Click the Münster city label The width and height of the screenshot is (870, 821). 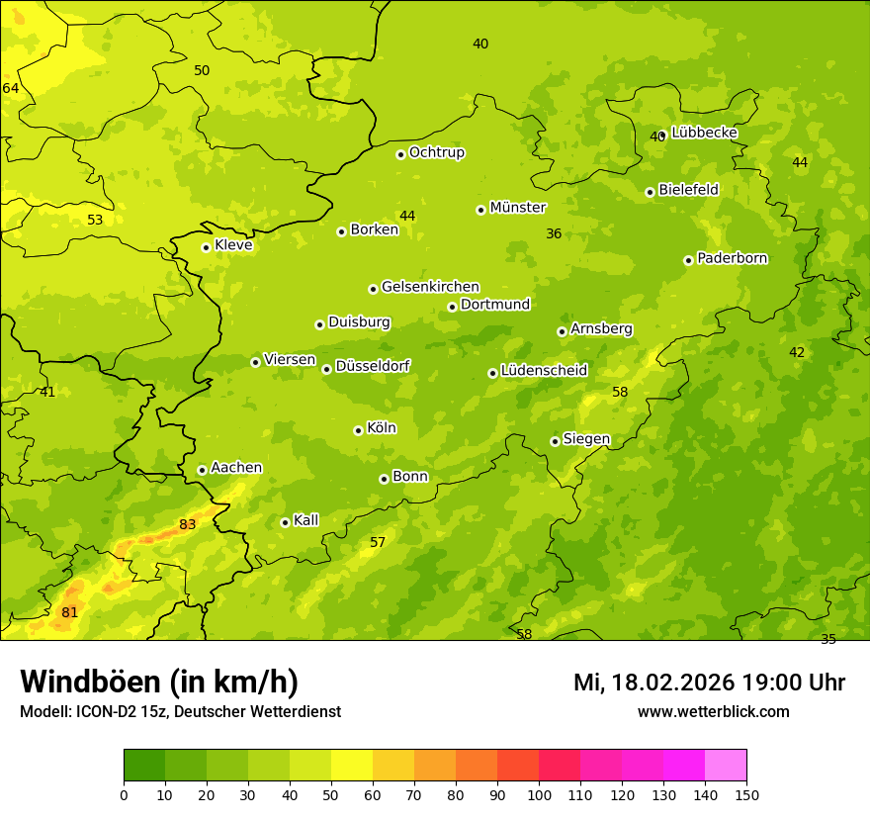pos(518,208)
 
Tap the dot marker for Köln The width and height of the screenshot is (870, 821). pos(358,430)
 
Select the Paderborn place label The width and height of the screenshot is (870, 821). pos(733,258)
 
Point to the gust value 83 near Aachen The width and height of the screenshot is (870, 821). pos(187,524)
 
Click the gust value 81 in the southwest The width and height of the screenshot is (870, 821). pos(69,612)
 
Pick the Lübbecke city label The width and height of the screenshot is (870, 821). pos(704,133)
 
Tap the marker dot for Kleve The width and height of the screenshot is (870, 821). pos(206,247)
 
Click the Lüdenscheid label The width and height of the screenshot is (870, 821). pos(544,371)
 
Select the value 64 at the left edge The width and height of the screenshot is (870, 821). pos(11,88)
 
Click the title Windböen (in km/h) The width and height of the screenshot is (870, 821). pos(159,682)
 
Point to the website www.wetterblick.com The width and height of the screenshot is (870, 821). pos(713,711)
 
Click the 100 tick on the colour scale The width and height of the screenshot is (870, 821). pos(539,793)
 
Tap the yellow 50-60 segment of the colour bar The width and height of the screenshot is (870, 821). pos(352,766)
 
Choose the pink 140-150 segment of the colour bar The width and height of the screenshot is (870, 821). pos(726,766)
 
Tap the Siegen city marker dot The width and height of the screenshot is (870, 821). pos(555,441)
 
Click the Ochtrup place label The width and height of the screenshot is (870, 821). pos(437,152)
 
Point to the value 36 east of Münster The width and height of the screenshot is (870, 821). pos(554,233)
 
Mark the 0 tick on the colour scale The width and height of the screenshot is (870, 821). pos(124,793)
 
